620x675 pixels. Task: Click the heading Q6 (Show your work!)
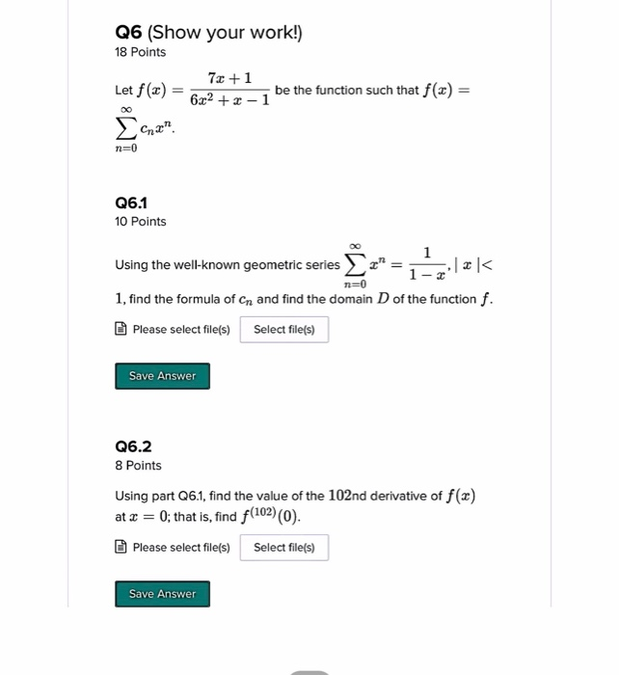[x=208, y=32]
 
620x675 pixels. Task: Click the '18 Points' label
[x=140, y=52]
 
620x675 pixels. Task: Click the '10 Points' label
[x=140, y=222]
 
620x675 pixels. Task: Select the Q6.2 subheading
[x=133, y=446]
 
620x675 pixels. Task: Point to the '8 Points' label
[x=138, y=466]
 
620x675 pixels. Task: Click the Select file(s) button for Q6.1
[x=283, y=330]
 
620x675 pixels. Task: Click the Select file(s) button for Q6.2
[x=283, y=548]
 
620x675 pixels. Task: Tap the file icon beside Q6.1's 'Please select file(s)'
[x=121, y=330]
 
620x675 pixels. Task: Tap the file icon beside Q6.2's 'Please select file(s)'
[x=121, y=548]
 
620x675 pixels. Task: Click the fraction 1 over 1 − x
[x=425, y=264]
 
